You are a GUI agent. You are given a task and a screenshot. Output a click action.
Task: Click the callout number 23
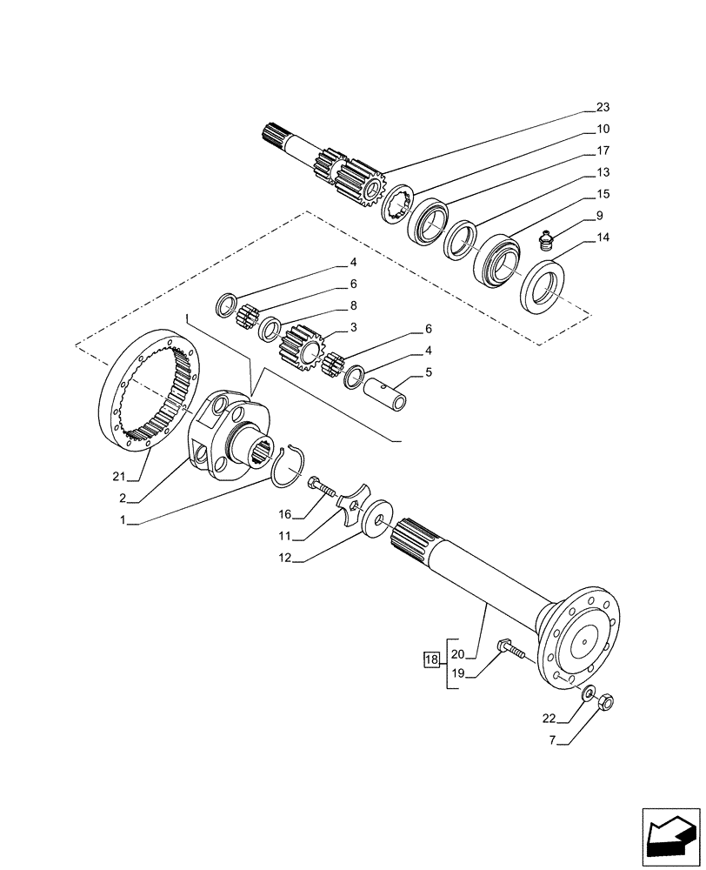[x=603, y=108]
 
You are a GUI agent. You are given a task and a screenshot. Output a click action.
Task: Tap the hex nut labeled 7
[x=609, y=699]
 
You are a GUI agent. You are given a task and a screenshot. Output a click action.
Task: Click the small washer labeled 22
[x=589, y=693]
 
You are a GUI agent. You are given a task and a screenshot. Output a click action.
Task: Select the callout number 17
[x=603, y=151]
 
